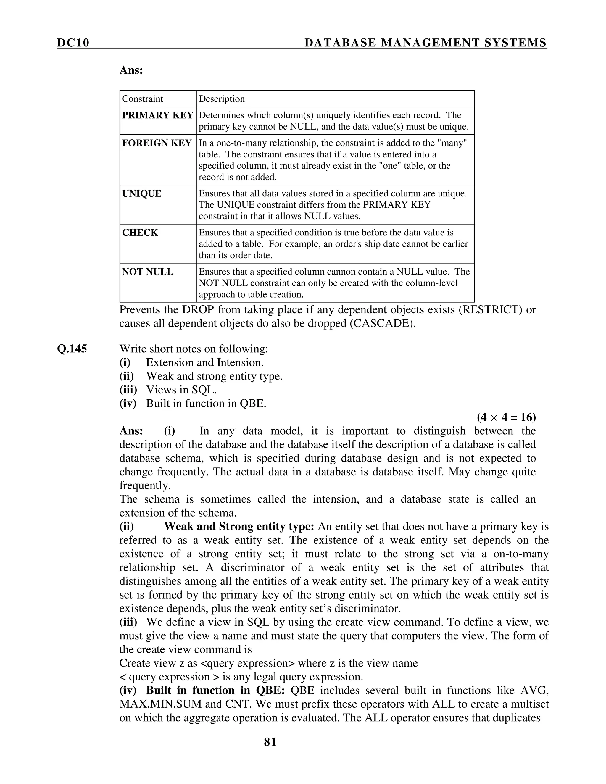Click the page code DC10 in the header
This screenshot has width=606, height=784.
[x=73, y=43]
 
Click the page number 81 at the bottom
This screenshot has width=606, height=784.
[x=270, y=742]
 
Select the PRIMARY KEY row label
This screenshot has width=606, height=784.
[x=157, y=115]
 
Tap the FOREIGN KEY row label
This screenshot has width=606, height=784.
[x=157, y=143]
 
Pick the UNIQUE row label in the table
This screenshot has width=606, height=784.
[x=141, y=194]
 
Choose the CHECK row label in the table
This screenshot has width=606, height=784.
[x=140, y=233]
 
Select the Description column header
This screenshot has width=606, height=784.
[x=222, y=99]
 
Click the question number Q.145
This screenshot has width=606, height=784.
[x=72, y=349]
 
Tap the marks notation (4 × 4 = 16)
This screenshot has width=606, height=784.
[x=506, y=417]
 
